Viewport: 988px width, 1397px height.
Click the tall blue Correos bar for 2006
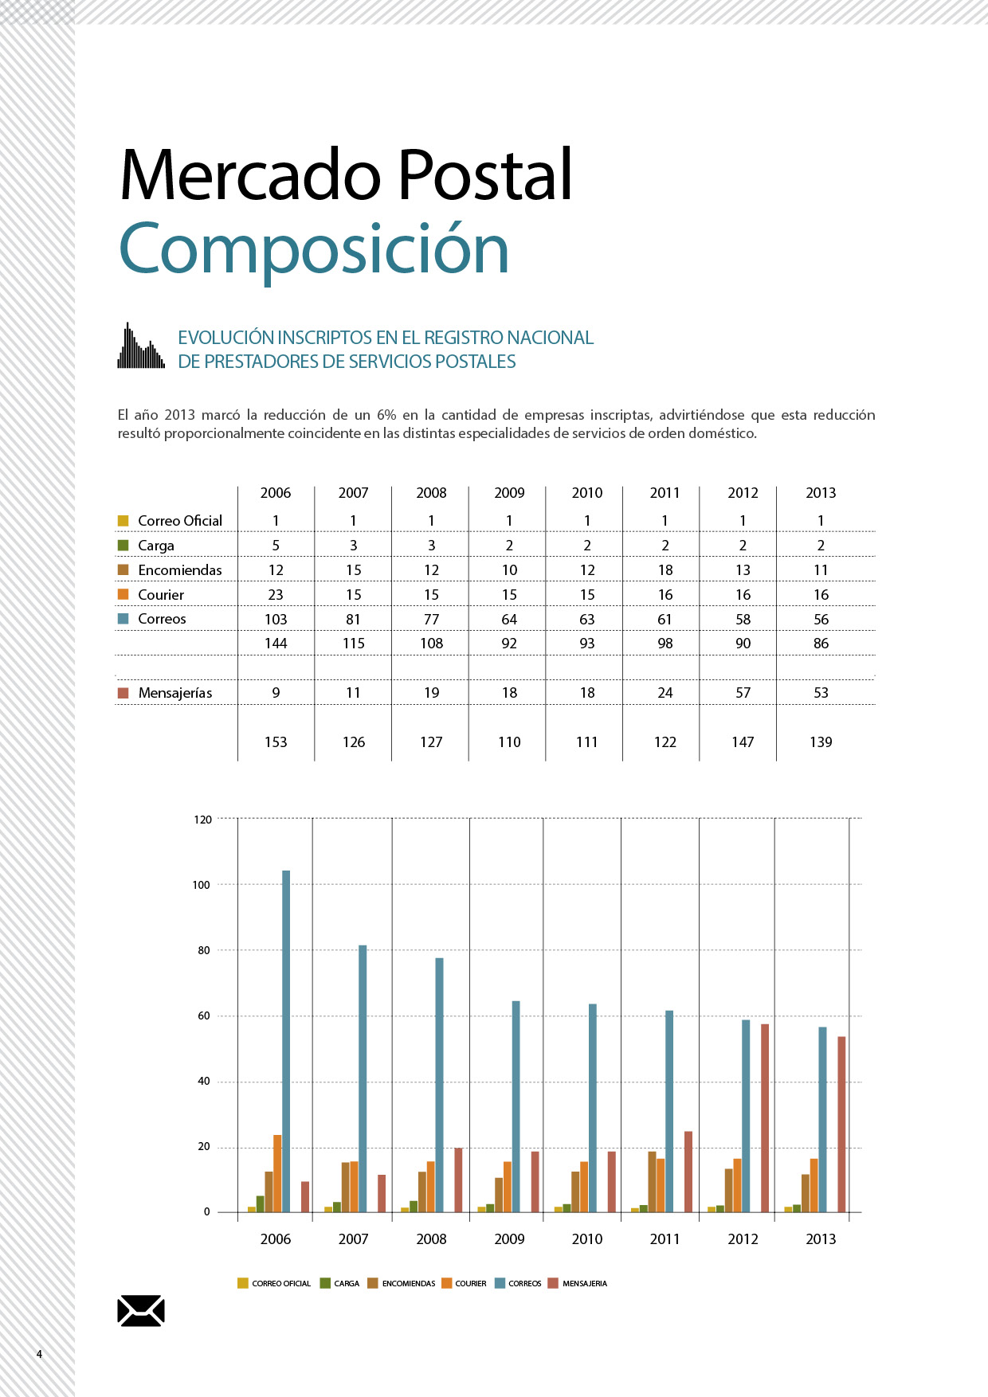pyautogui.click(x=286, y=1041)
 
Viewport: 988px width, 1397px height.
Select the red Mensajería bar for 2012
pyautogui.click(x=765, y=1118)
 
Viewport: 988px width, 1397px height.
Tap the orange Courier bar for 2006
pyautogui.click(x=277, y=1174)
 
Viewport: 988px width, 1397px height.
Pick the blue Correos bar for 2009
pyautogui.click(x=516, y=1107)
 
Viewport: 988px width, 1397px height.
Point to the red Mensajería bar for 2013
pyautogui.click(x=841, y=1125)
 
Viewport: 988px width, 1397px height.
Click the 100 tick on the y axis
pyautogui.click(x=201, y=885)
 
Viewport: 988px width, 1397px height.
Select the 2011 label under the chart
pyautogui.click(x=665, y=1239)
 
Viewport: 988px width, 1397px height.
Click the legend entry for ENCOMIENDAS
pyautogui.click(x=402, y=1283)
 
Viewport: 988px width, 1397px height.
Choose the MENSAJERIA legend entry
pyautogui.click(x=578, y=1283)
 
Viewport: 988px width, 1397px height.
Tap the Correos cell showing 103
pyautogui.click(x=276, y=619)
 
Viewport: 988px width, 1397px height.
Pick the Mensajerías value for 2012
pyautogui.click(x=743, y=693)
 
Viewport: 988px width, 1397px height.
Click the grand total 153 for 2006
pyautogui.click(x=276, y=742)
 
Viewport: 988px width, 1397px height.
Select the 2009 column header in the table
pyautogui.click(x=509, y=493)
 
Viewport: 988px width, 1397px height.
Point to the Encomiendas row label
pyautogui.click(x=180, y=570)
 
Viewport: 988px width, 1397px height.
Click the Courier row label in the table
pyautogui.click(x=161, y=595)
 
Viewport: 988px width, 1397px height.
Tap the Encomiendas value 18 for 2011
pyautogui.click(x=665, y=570)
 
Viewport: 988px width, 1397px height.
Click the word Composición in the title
pyautogui.click(x=314, y=250)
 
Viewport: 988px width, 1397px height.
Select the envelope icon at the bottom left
pyautogui.click(x=141, y=1311)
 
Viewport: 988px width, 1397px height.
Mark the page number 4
pyautogui.click(x=39, y=1354)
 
